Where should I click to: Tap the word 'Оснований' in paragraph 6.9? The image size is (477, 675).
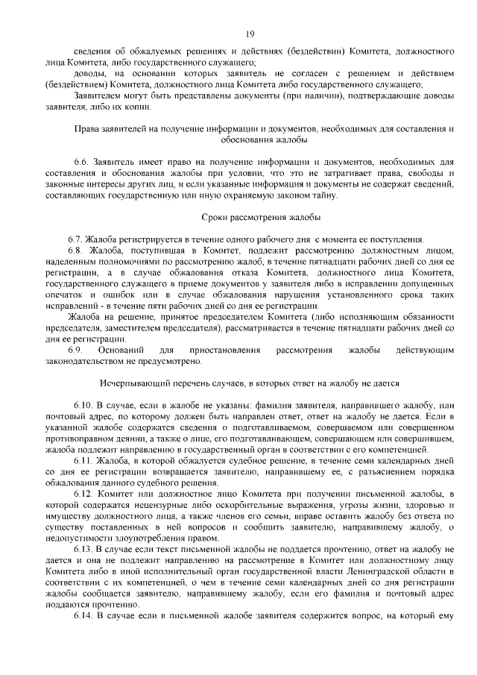click(122, 350)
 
